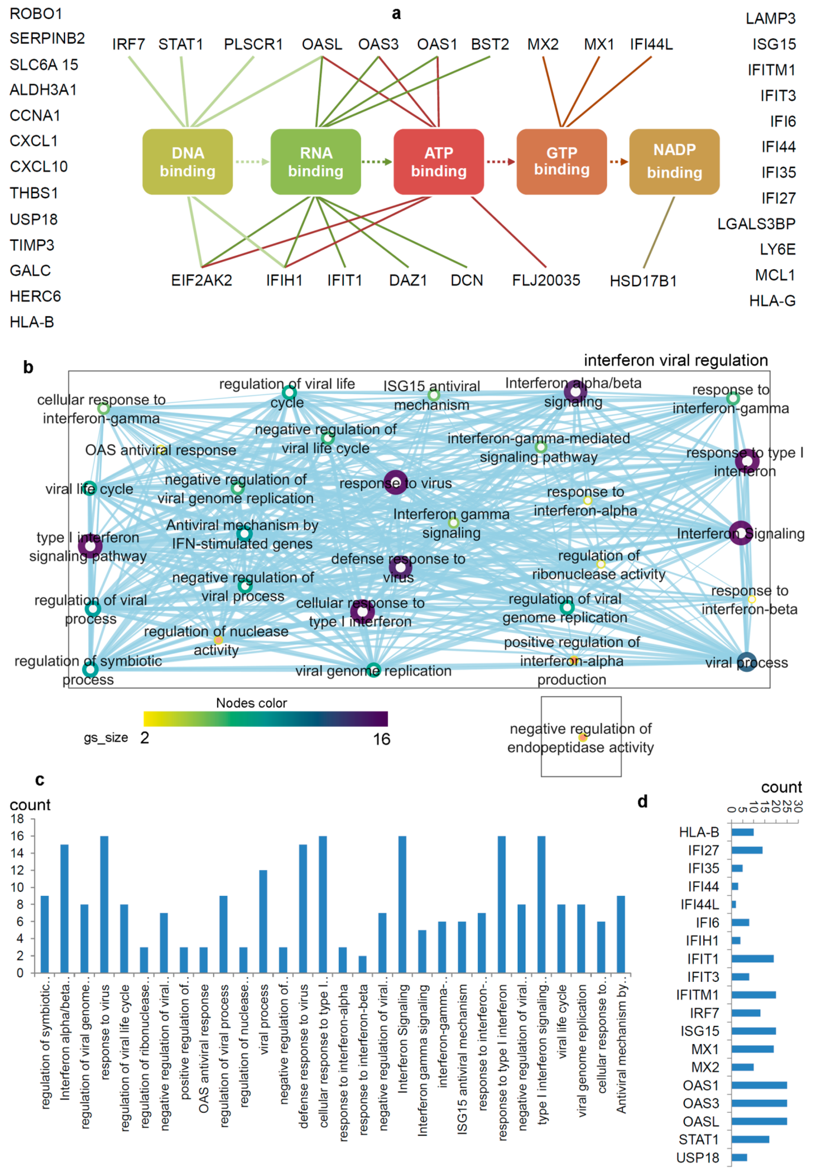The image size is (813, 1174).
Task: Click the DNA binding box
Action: (x=187, y=162)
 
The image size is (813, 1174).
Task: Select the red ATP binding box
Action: (x=439, y=162)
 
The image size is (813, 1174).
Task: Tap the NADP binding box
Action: (x=674, y=162)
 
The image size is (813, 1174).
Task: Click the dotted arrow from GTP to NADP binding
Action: (x=618, y=162)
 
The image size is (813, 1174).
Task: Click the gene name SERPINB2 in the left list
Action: (x=47, y=39)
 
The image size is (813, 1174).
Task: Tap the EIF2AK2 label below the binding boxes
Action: (x=201, y=281)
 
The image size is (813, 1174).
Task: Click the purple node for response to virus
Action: (x=395, y=482)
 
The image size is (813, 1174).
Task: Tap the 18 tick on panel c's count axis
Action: (x=17, y=819)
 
